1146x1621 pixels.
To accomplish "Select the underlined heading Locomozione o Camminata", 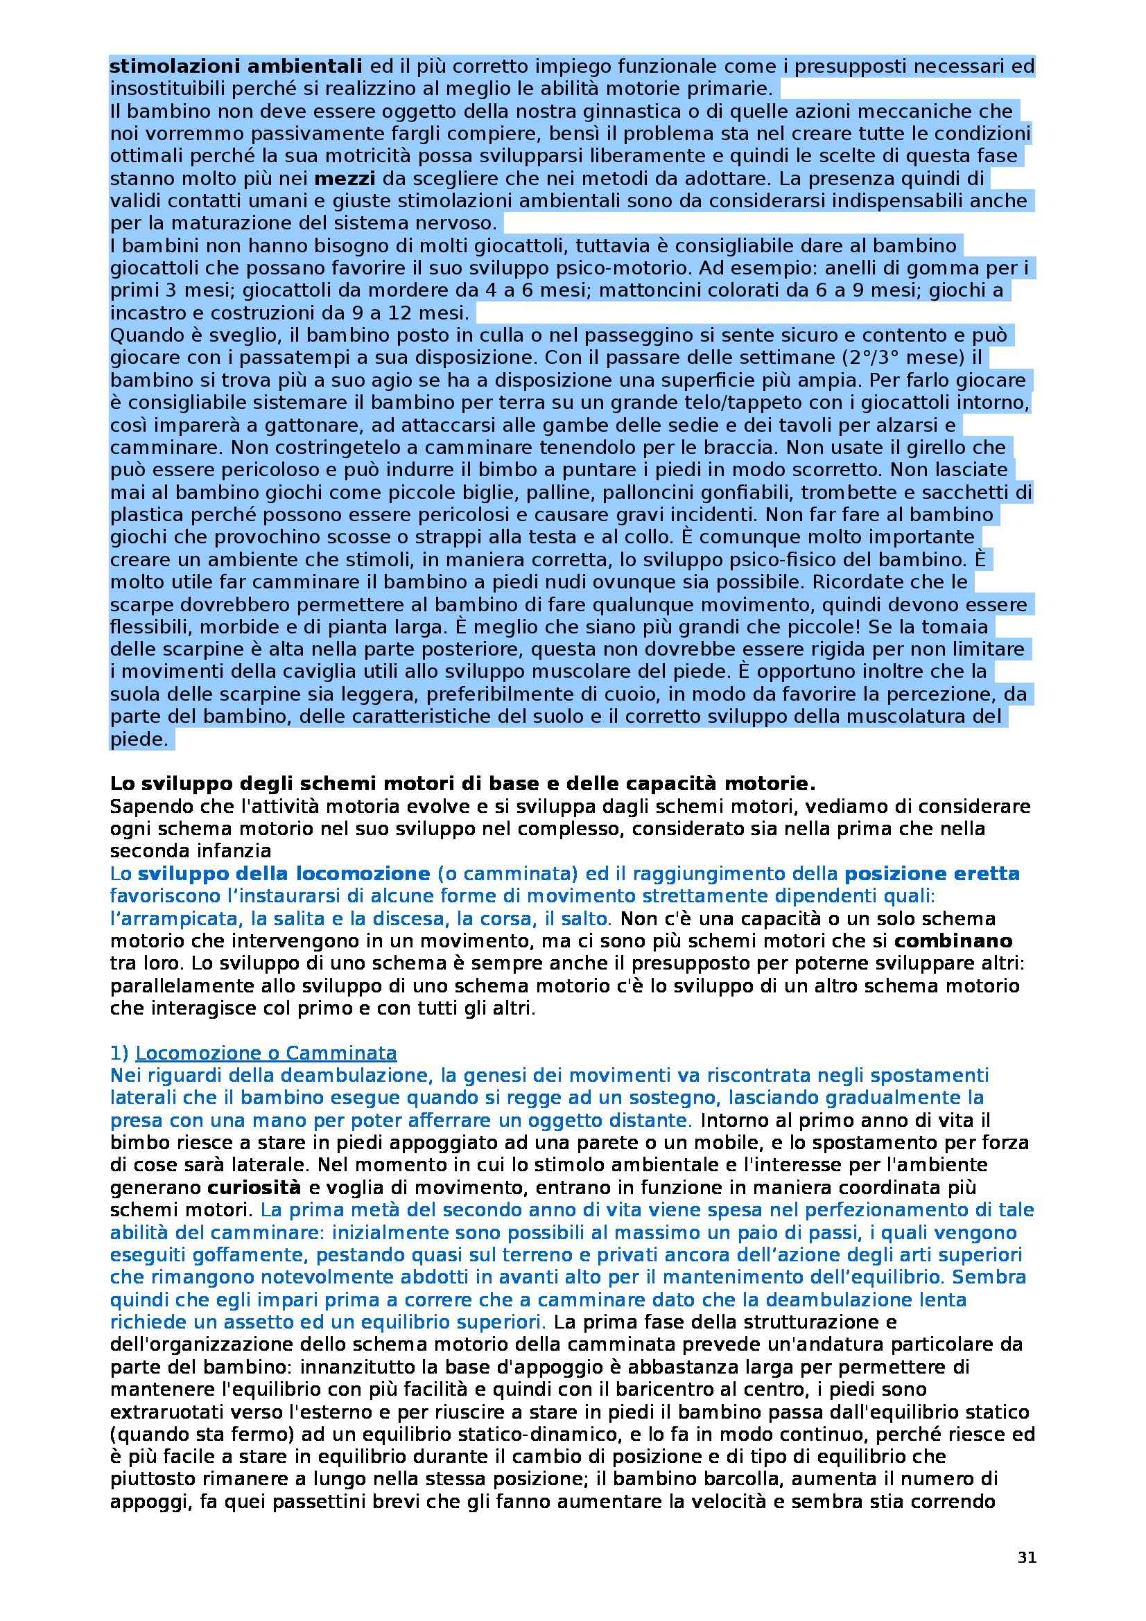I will pos(266,1053).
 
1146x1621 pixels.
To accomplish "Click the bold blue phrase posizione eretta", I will pos(932,874).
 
